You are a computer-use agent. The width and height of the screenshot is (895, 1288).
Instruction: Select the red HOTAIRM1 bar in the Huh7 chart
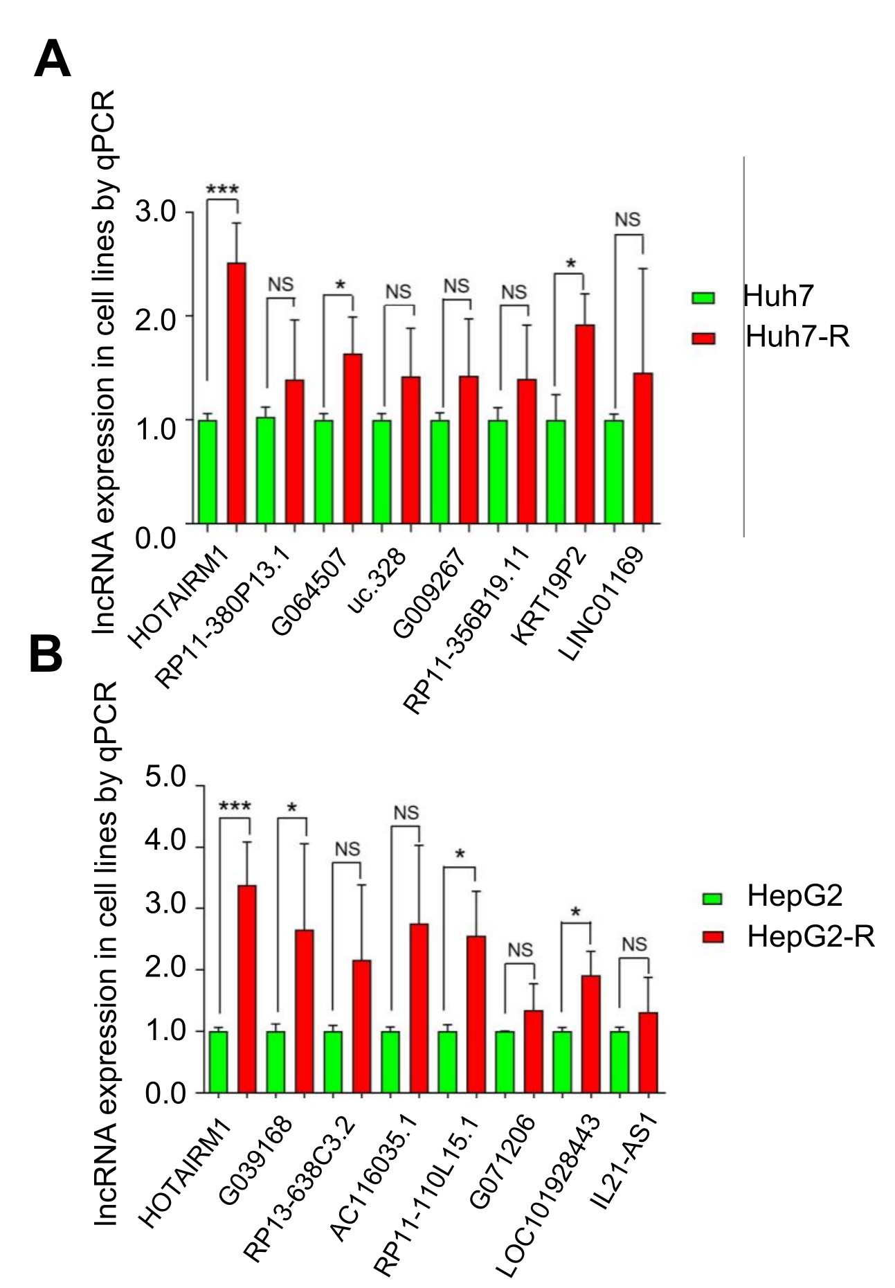click(x=237, y=393)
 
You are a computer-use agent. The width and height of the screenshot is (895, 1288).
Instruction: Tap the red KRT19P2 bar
click(x=585, y=424)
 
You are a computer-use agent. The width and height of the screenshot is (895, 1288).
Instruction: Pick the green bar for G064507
click(x=323, y=472)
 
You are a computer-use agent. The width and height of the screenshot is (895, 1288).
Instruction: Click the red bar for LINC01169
click(x=643, y=448)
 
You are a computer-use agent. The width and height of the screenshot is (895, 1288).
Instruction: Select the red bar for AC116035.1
click(x=419, y=1008)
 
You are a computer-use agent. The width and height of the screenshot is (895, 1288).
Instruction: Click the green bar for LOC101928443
click(x=562, y=1062)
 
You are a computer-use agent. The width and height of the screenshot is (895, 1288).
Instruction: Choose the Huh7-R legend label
click(x=797, y=337)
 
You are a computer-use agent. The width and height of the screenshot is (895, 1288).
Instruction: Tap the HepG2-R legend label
click(x=811, y=937)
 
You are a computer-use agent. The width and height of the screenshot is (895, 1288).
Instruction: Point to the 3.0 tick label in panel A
click(x=156, y=212)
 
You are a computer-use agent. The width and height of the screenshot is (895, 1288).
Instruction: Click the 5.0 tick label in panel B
click(x=166, y=778)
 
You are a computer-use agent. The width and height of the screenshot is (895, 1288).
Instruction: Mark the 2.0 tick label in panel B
click(x=166, y=969)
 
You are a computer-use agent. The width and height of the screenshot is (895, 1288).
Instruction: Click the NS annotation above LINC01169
click(x=628, y=220)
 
